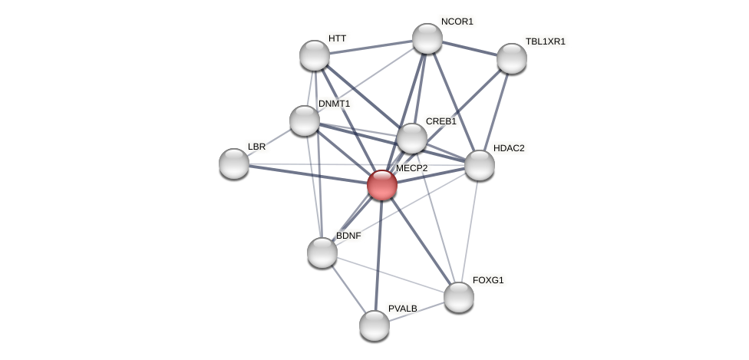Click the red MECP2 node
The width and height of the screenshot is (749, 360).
pos(381,185)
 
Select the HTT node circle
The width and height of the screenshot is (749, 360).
pos(314,55)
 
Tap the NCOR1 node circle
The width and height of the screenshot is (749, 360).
pos(427,38)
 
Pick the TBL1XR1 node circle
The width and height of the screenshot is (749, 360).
pos(511,58)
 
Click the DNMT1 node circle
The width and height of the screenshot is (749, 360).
pos(305,121)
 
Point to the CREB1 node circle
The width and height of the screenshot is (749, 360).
pos(412,138)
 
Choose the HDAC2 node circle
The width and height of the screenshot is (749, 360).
pos(479,165)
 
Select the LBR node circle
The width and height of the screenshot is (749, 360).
pos(234,163)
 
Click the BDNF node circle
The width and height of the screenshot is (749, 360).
pos(322,252)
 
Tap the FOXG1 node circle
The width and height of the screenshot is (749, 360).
pos(459,297)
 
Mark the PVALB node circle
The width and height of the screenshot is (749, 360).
pos(374,325)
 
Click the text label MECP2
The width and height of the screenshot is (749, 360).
pos(411,168)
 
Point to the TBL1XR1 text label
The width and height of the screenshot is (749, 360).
pos(545,41)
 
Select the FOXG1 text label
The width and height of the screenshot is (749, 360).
pos(488,280)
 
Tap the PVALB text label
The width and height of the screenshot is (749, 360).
pos(403,309)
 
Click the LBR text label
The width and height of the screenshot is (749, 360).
pos(256,147)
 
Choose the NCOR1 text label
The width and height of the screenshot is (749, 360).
pos(457,21)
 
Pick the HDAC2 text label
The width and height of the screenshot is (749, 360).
pos(509,148)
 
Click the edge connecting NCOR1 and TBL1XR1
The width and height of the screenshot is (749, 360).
pos(469,48)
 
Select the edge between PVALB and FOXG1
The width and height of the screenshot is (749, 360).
pos(417,311)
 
